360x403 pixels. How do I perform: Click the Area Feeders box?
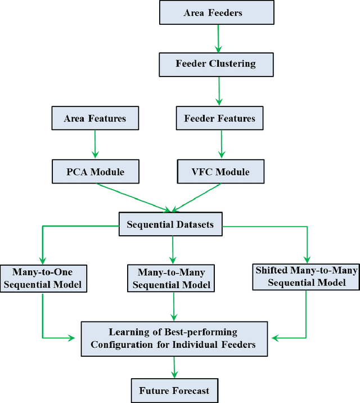pos(217,13)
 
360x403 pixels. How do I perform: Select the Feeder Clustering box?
pos(217,64)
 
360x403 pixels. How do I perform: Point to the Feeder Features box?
pos(219,118)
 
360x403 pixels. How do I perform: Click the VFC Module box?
pos(221,171)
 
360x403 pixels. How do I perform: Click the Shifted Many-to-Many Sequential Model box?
pos(307,276)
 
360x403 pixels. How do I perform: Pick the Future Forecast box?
pos(174,389)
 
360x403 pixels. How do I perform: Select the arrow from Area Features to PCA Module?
pos(94,145)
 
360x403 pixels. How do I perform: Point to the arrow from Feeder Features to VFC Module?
pos(221,145)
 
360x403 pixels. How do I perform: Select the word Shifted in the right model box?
pos(271,271)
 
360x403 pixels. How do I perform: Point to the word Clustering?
pos(233,64)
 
